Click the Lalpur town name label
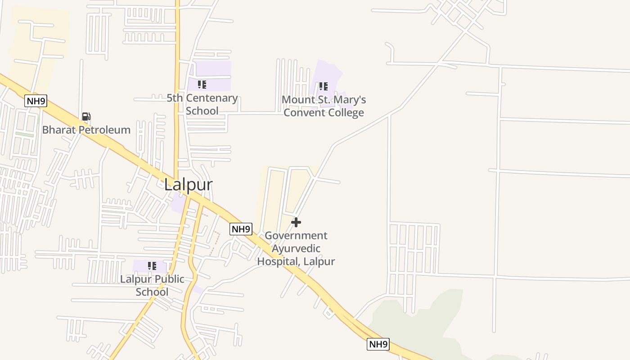tap(188, 184)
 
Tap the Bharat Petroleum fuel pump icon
tap(86, 117)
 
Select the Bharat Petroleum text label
tap(86, 130)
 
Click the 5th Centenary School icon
tap(202, 85)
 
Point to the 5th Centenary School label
tap(202, 104)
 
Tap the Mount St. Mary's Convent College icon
tap(323, 86)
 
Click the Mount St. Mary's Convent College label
tap(324, 106)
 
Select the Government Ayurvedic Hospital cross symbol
tap(296, 222)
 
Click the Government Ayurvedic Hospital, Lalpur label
tap(296, 248)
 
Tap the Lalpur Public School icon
tap(152, 266)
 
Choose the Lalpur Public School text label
tap(152, 285)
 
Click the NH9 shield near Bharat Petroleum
tap(36, 101)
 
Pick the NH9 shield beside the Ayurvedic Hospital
tap(241, 229)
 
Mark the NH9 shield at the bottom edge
tap(378, 344)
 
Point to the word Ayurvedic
tap(296, 248)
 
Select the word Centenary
tap(211, 98)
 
